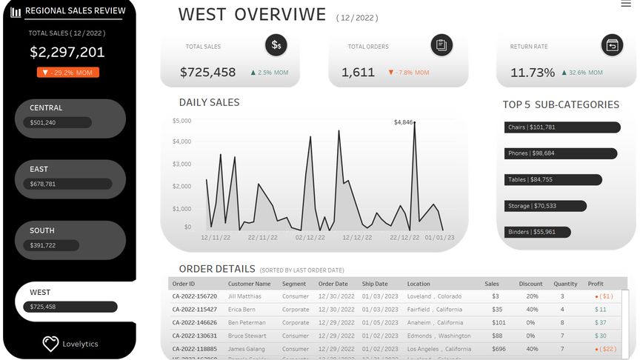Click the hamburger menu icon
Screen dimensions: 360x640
point(626,4)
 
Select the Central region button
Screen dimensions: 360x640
point(70,119)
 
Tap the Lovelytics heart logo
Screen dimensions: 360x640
point(50,344)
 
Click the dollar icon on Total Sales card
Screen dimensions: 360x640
point(276,45)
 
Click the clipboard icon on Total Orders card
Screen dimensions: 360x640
point(441,45)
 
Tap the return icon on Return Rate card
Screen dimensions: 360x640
point(612,45)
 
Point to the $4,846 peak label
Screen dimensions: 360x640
point(403,121)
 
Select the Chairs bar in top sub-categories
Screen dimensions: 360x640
point(561,127)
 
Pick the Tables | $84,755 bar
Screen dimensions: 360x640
point(553,179)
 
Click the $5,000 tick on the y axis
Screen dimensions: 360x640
point(181,120)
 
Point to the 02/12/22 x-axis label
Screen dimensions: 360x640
point(310,238)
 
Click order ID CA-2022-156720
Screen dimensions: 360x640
point(195,296)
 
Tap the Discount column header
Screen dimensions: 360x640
point(530,284)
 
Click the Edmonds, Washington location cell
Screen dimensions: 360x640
point(439,336)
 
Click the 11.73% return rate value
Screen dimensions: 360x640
point(533,73)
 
